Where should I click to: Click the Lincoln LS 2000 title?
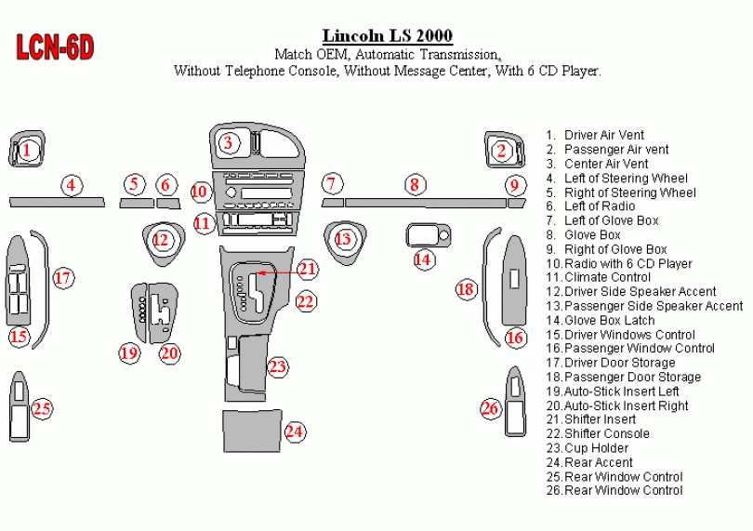388,36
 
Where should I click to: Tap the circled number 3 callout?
228,143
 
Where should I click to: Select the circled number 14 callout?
423,259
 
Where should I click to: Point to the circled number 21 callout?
308,270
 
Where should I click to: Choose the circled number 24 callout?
295,431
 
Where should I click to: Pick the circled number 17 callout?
63,277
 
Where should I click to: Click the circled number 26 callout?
491,407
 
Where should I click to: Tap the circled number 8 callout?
414,185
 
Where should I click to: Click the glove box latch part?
428,234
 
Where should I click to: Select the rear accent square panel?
251,431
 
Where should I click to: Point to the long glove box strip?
424,202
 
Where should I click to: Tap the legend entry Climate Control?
607,277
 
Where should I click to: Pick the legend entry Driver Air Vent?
603,136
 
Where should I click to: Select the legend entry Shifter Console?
606,434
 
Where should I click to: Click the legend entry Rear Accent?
598,462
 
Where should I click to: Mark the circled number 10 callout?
199,192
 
